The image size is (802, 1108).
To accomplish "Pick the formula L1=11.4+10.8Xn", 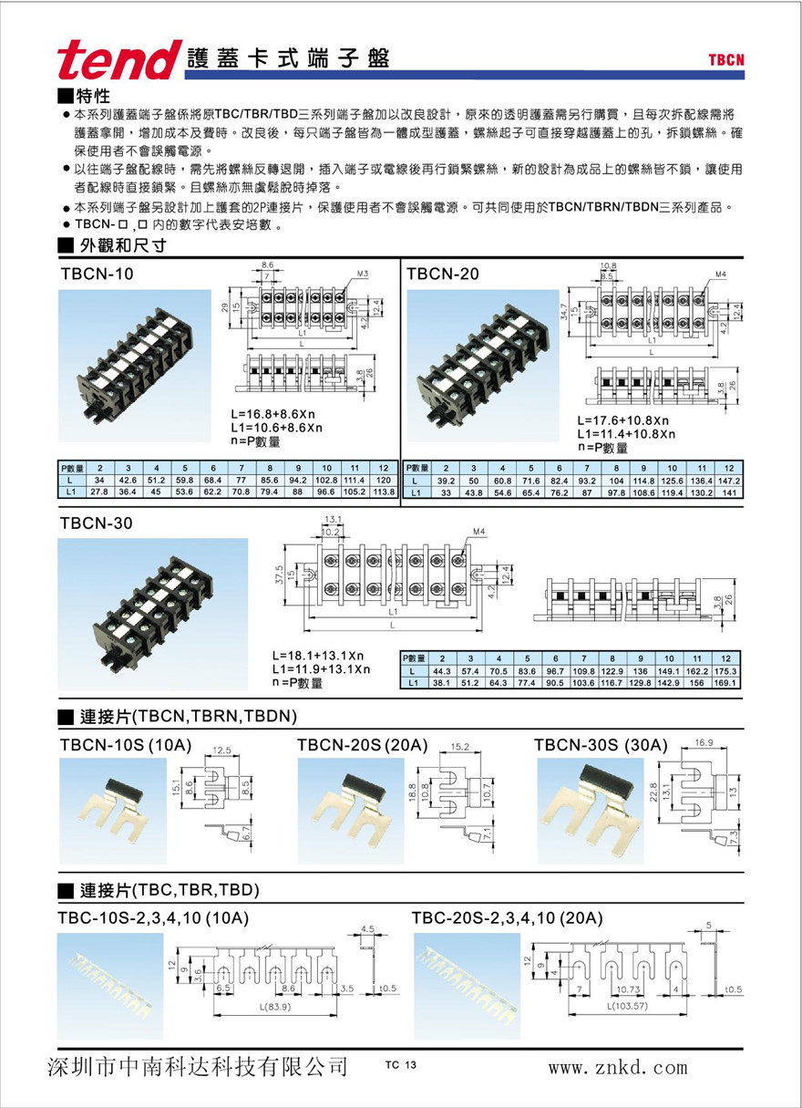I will click(x=626, y=434).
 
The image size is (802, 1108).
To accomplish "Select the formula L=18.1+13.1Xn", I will click(x=318, y=656).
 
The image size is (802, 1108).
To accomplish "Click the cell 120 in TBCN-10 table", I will click(x=384, y=480).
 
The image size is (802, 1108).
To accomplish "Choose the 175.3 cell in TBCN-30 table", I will click(x=725, y=671).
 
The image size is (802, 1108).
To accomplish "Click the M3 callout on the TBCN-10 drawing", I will click(x=362, y=274).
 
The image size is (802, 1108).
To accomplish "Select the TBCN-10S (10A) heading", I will click(x=125, y=746).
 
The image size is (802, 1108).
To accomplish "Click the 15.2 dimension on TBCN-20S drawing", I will click(x=461, y=747).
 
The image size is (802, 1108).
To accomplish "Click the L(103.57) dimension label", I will click(x=624, y=1007).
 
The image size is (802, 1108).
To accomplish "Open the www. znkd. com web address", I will click(x=617, y=1066).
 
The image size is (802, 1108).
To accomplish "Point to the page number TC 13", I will click(x=400, y=1065).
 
